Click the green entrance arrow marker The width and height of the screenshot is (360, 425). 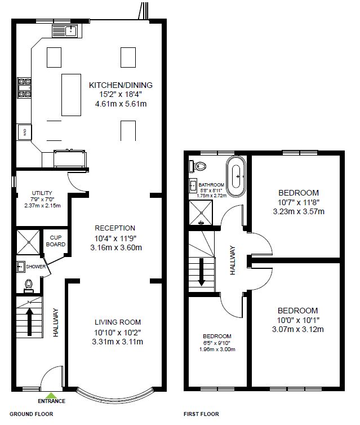51,395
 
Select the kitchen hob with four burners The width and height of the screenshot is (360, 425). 24,87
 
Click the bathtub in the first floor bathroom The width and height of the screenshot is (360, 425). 236,176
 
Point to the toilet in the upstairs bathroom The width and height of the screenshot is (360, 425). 198,166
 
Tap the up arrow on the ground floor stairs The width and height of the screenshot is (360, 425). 30,321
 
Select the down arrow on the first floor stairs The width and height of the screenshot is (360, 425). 202,272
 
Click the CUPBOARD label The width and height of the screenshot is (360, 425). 56,241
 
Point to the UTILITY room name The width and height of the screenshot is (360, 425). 42,193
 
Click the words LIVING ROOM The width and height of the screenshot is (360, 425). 118,322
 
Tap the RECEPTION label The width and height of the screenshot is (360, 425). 115,228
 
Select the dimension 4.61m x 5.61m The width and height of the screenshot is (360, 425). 121,104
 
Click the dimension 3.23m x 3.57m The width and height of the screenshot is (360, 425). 299,211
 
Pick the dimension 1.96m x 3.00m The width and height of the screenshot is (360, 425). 217,349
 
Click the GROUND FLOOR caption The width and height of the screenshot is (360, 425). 32,414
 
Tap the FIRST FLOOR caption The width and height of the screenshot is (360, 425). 201,414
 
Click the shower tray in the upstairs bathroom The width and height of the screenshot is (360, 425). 201,213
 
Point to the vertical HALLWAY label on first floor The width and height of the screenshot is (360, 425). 233,260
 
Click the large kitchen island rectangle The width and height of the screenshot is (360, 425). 71,95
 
